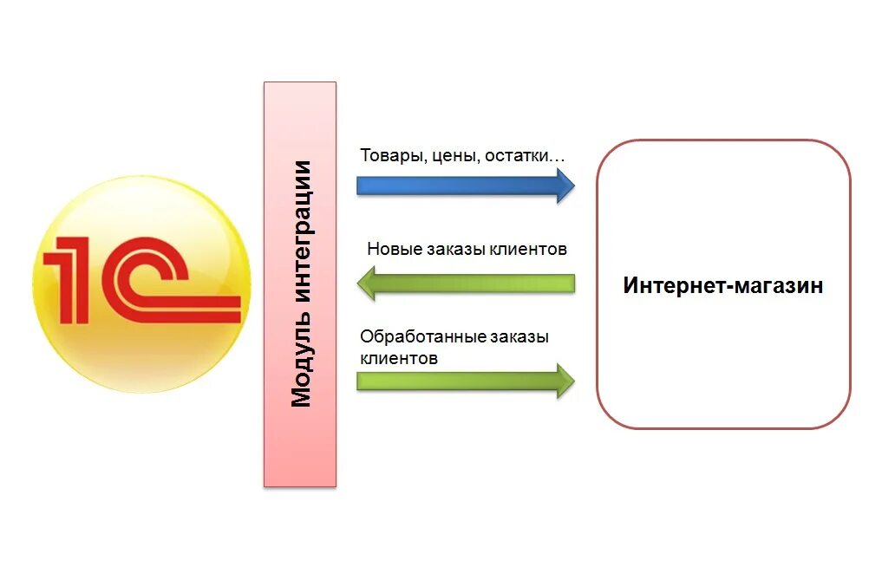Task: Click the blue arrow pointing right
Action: [464, 185]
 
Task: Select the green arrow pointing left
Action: [468, 283]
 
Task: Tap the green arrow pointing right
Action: [464, 381]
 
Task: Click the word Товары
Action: [389, 157]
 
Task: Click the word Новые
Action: [394, 250]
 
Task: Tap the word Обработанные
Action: [422, 336]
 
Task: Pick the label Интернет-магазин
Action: [722, 285]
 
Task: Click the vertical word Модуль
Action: [301, 363]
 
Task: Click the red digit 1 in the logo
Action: [69, 278]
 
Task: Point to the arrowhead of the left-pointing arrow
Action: [366, 283]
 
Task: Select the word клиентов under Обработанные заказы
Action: [399, 357]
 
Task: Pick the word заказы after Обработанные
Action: [519, 336]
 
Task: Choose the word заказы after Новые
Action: [456, 250]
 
